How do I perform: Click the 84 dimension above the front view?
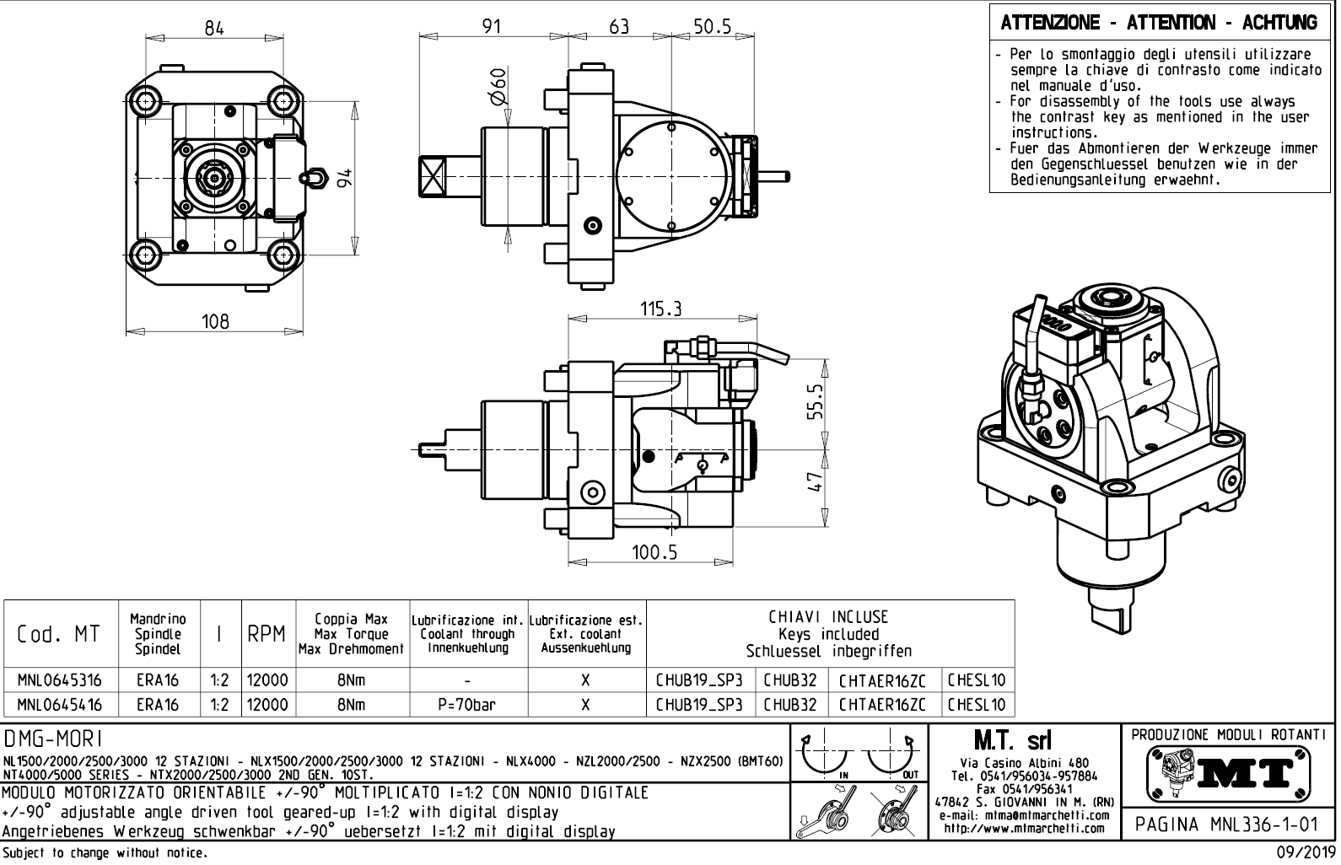[x=214, y=28]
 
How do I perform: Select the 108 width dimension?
[x=215, y=321]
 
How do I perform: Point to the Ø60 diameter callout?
[x=498, y=86]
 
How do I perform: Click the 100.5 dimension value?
[x=654, y=552]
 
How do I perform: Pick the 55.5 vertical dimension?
[x=814, y=401]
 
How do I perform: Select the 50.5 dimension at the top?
[x=712, y=27]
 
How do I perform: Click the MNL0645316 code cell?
[x=60, y=680]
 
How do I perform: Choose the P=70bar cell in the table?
[x=468, y=705]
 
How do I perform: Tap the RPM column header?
[x=267, y=635]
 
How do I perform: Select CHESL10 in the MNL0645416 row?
[x=976, y=705]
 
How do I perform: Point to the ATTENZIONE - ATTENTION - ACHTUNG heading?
[x=1159, y=23]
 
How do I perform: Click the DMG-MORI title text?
[x=54, y=739]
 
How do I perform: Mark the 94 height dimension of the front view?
[x=344, y=176]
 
